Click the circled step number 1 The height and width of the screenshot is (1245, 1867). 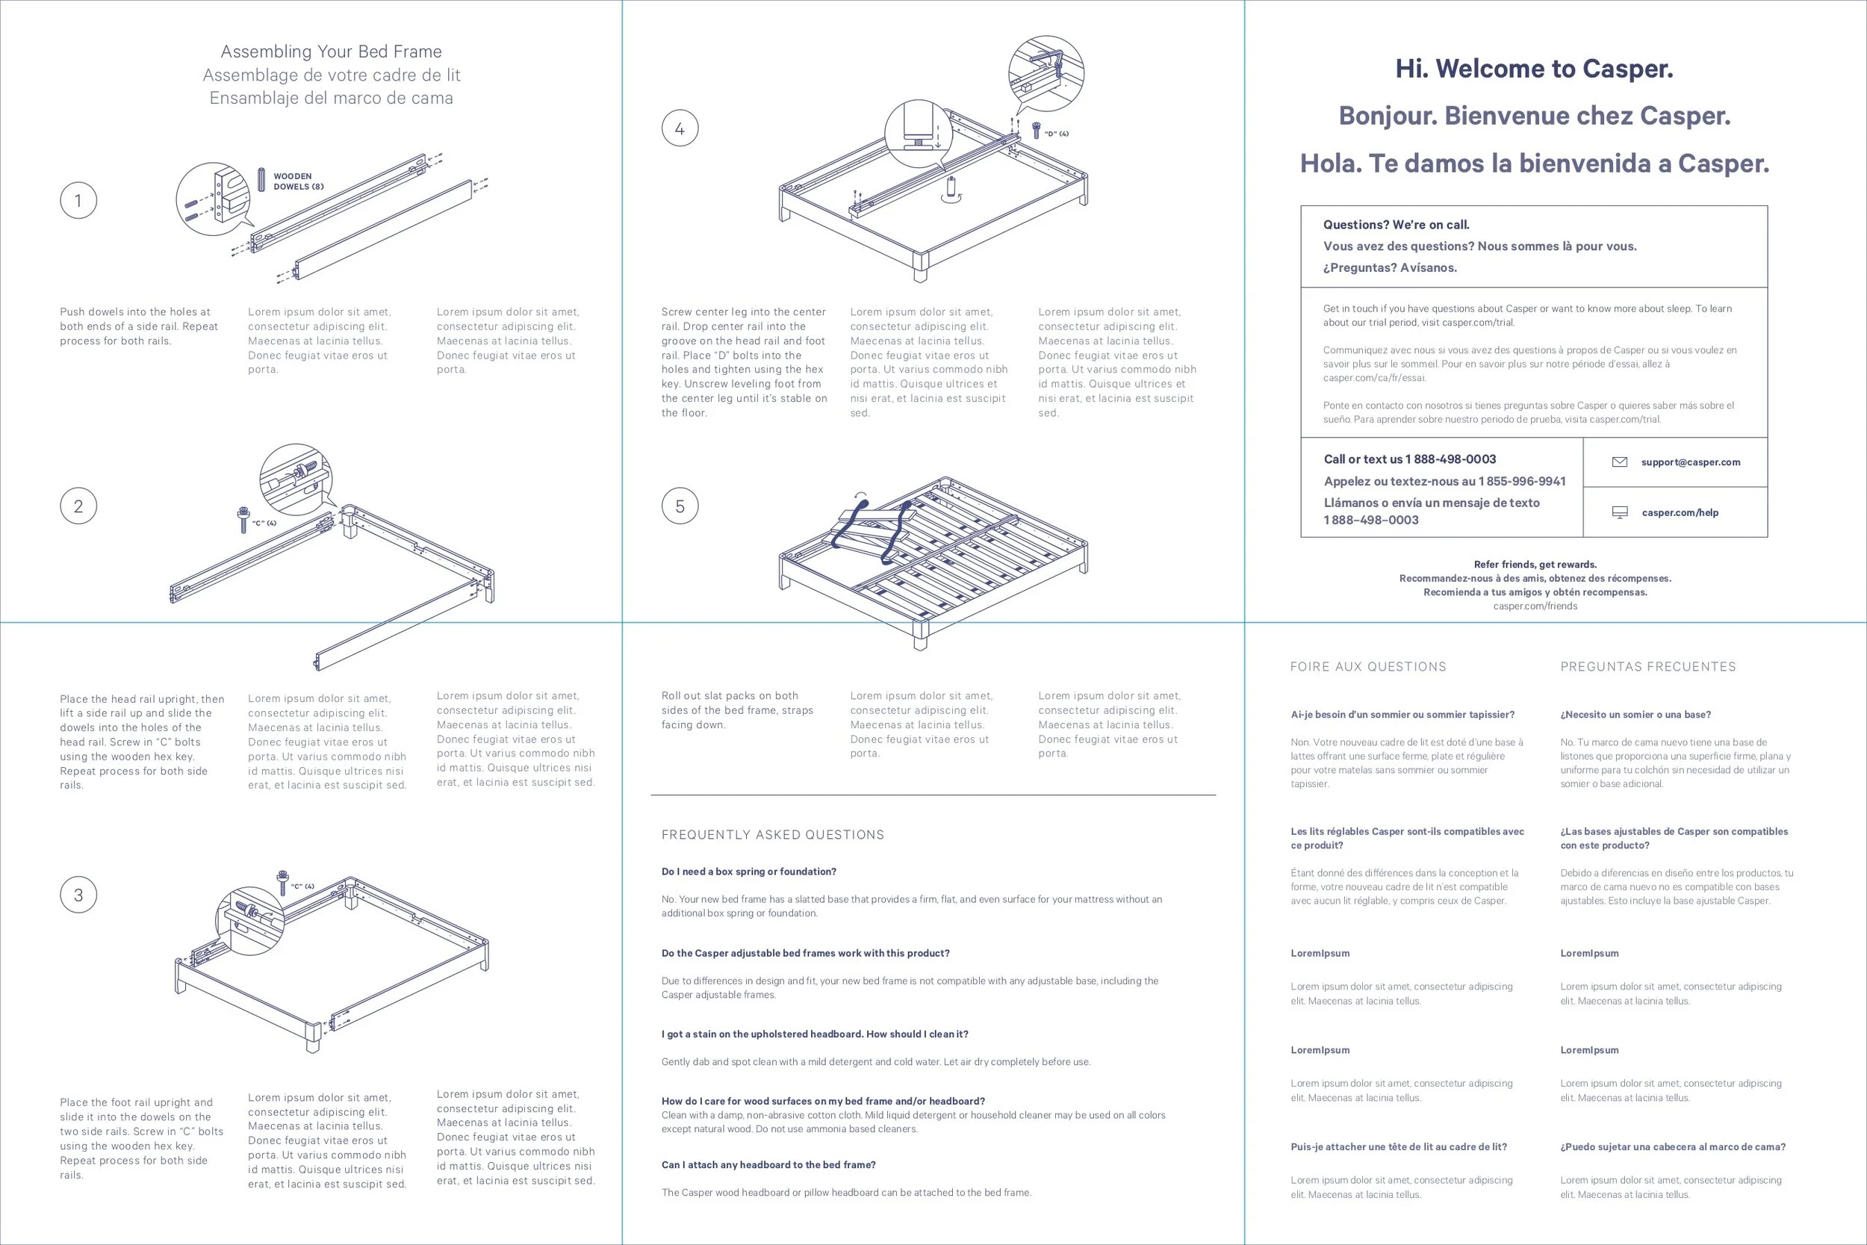pyautogui.click(x=78, y=200)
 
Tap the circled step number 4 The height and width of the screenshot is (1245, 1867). pyautogui.click(x=680, y=128)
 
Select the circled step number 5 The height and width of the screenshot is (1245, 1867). pyautogui.click(x=680, y=506)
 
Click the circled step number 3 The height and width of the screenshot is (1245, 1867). pyautogui.click(x=78, y=895)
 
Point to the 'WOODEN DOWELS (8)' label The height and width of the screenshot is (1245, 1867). pyautogui.click(x=299, y=181)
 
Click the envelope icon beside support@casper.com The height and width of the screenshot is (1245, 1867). pyautogui.click(x=1620, y=462)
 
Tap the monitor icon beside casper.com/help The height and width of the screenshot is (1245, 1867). pyautogui.click(x=1620, y=512)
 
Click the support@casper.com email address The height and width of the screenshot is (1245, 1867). pyautogui.click(x=1690, y=462)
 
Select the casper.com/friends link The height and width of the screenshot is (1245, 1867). pyautogui.click(x=1535, y=606)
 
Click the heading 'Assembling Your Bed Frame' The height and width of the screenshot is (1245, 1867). pyautogui.click(x=331, y=52)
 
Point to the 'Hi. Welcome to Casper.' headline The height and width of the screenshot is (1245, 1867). pyautogui.click(x=1535, y=69)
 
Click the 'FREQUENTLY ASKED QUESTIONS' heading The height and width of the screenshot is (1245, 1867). pyautogui.click(x=772, y=834)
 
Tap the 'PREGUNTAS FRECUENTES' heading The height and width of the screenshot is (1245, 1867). pyautogui.click(x=1648, y=667)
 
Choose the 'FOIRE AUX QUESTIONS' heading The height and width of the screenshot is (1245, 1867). pyautogui.click(x=1367, y=667)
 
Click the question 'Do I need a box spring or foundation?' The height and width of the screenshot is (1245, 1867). pyautogui.click(x=748, y=871)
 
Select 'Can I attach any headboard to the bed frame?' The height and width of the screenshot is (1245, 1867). pyautogui.click(x=768, y=1165)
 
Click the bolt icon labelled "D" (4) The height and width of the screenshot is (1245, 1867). pyautogui.click(x=1036, y=130)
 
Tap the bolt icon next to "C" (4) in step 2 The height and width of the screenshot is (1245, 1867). pyautogui.click(x=243, y=520)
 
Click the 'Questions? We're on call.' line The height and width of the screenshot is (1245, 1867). pyautogui.click(x=1396, y=225)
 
